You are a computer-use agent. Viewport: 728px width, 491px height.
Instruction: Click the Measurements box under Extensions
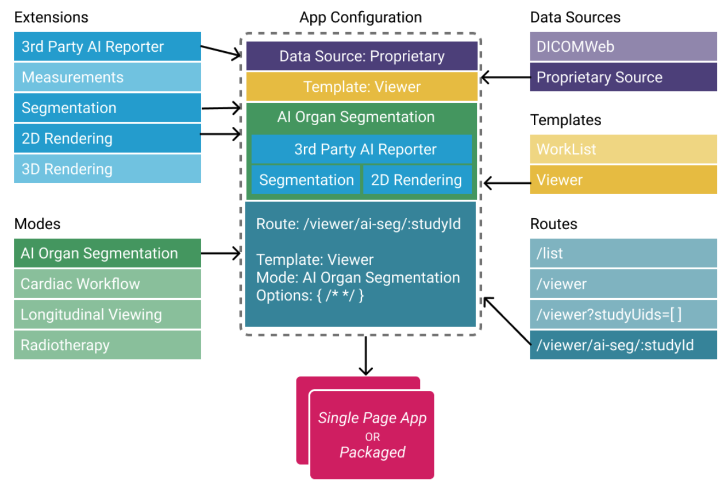[x=107, y=78]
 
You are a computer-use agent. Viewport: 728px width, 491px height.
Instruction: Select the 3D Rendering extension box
[x=107, y=169]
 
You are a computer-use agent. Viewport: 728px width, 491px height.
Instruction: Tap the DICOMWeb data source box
[x=623, y=47]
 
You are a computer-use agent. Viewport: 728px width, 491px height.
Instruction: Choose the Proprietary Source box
[x=623, y=78]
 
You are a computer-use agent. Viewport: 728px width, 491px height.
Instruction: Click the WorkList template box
[x=623, y=149]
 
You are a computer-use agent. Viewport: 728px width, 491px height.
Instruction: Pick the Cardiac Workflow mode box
[x=107, y=284]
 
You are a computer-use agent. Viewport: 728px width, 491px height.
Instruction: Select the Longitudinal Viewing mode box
[x=107, y=314]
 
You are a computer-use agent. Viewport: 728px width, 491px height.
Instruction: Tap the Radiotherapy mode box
[x=107, y=345]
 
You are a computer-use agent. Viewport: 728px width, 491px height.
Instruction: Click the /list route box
[x=623, y=253]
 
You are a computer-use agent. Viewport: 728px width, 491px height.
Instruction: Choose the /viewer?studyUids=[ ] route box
[x=623, y=314]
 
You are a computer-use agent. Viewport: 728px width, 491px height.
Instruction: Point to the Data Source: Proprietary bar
[x=362, y=56]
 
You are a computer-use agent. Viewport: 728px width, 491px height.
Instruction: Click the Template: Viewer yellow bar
[x=362, y=87]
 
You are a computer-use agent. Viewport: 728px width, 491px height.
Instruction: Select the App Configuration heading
[x=360, y=18]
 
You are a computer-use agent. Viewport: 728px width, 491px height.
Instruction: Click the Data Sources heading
[x=575, y=18]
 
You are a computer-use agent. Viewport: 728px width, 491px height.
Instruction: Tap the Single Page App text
[x=372, y=418]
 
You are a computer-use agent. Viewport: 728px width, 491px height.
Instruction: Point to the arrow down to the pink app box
[x=366, y=356]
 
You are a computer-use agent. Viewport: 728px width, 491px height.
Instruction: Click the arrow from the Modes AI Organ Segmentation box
[x=221, y=253]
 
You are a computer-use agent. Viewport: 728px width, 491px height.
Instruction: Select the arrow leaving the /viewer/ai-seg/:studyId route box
[x=507, y=321]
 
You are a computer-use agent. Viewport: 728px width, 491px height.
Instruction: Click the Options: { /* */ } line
[x=310, y=296]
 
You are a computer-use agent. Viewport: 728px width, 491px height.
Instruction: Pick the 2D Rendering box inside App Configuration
[x=417, y=180]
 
